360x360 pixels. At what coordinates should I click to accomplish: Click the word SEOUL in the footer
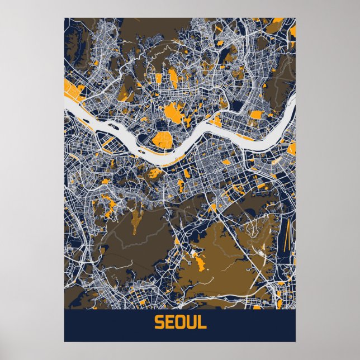coord(179,323)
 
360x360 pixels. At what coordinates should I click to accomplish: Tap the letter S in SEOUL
coord(158,323)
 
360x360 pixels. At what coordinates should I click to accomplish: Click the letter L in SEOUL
coord(201,323)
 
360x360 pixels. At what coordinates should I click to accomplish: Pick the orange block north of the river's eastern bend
coord(256,115)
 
